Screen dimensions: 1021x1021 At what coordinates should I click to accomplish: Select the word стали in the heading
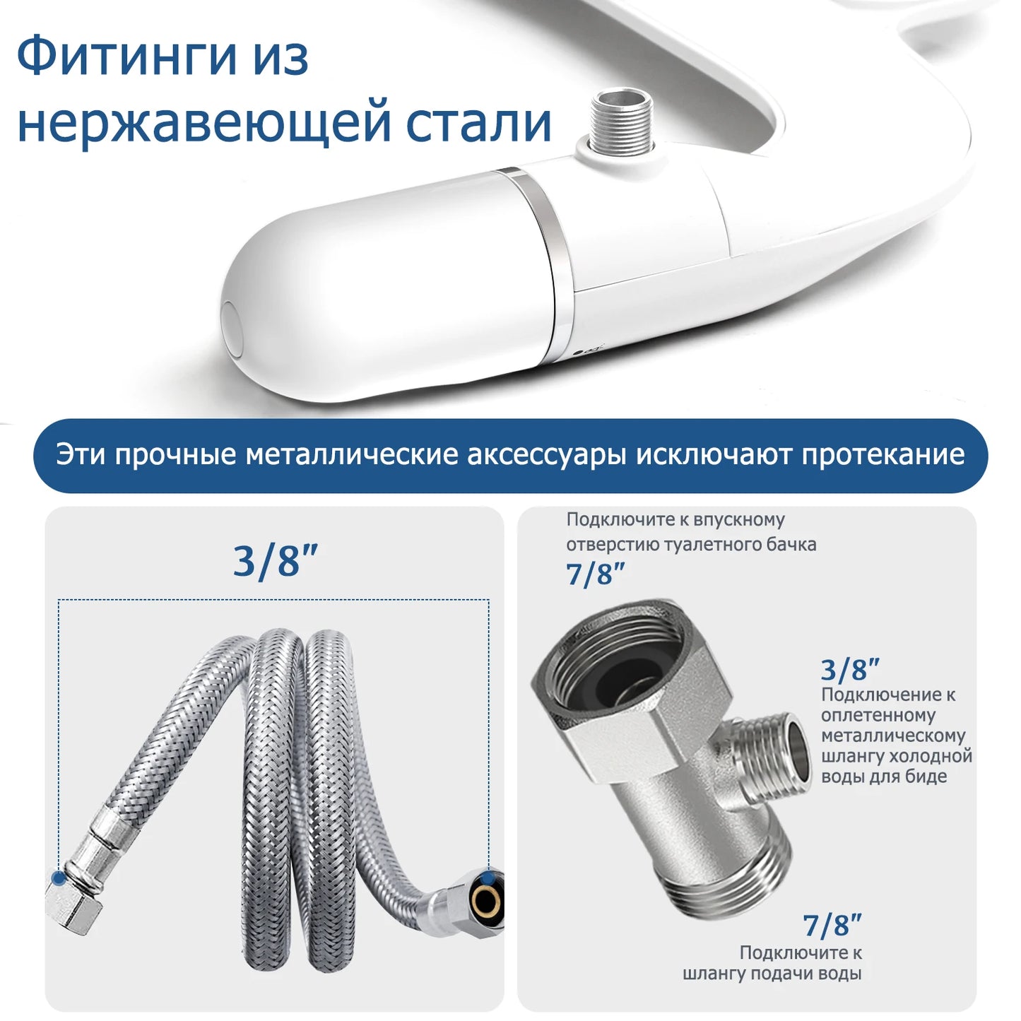[x=478, y=122]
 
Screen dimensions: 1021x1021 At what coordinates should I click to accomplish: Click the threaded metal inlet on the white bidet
[x=621, y=120]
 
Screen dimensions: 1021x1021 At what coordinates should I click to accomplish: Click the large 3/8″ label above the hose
[x=276, y=562]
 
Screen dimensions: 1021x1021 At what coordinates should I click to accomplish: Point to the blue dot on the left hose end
[x=59, y=878]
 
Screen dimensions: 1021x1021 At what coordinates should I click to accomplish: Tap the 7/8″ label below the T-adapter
[x=832, y=925]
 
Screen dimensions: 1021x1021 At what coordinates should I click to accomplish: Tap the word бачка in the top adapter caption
[x=791, y=544]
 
